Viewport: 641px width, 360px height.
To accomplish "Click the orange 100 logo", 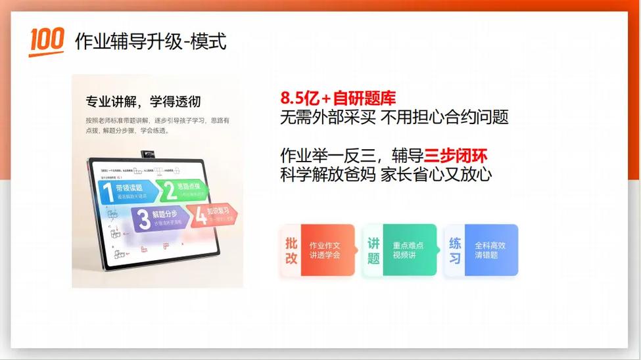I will [x=46, y=41].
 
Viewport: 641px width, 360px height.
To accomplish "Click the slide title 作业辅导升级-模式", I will [x=151, y=41].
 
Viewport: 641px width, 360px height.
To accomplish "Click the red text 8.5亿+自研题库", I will [x=338, y=99].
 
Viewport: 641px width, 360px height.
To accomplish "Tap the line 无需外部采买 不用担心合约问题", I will [x=394, y=118].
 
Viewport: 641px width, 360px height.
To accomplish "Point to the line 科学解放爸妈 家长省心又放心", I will [x=386, y=175].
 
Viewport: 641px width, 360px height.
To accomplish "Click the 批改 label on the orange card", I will [x=291, y=250].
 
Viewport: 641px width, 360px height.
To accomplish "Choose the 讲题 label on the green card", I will [x=373, y=250].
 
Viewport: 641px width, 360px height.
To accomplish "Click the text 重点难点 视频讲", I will [x=408, y=250].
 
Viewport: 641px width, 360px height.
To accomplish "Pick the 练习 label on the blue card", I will [x=455, y=250].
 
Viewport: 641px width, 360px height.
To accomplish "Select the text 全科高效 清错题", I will [x=490, y=250].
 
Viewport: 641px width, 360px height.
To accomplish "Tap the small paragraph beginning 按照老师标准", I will [x=157, y=125].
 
